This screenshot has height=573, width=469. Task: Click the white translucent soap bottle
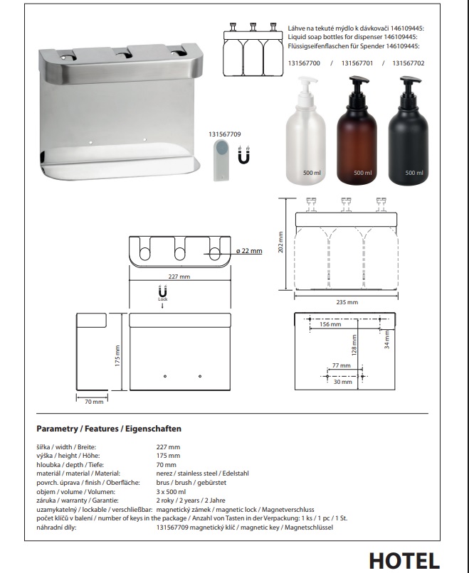(x=305, y=131)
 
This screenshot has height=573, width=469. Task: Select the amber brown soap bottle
(x=357, y=131)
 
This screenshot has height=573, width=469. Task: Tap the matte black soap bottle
(x=408, y=131)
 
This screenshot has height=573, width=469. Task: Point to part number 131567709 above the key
(x=225, y=134)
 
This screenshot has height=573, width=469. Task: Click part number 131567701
(x=357, y=63)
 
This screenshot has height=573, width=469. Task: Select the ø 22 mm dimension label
(x=249, y=251)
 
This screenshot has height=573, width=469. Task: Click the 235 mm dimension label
(x=347, y=302)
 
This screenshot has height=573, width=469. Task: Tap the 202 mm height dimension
(x=280, y=242)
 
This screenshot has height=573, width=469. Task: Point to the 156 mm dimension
(x=330, y=324)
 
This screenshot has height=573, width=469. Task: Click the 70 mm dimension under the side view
(x=94, y=402)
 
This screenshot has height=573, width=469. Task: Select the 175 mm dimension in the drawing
(x=117, y=356)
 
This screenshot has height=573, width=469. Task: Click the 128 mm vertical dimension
(x=354, y=346)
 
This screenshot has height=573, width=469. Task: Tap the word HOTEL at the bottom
(x=404, y=561)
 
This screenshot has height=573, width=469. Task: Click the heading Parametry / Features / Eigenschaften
(x=109, y=429)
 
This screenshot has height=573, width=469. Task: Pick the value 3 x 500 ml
(x=171, y=491)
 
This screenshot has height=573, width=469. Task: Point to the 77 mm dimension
(x=341, y=365)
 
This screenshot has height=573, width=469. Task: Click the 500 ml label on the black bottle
(x=413, y=173)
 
